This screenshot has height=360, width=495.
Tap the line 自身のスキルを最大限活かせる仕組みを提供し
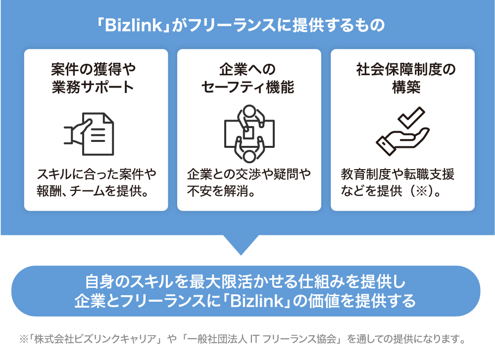pos(246,283)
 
